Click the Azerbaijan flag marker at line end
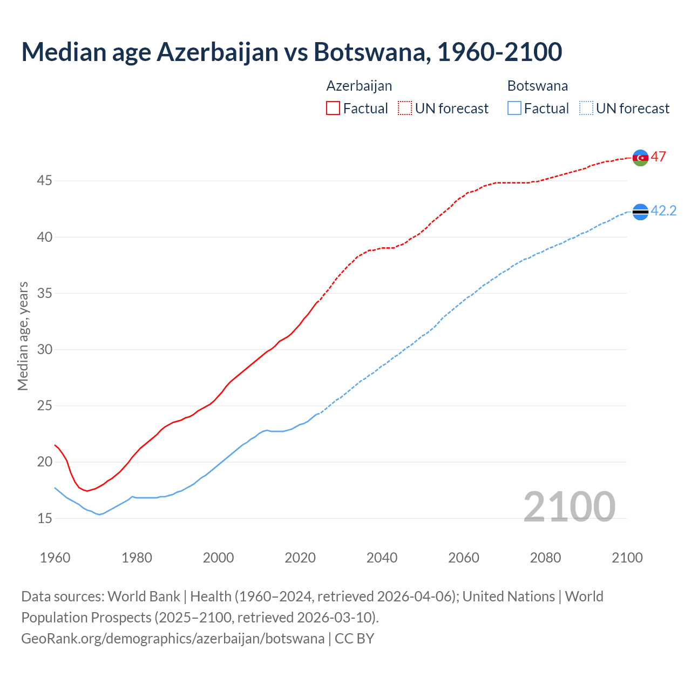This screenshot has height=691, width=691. coord(640,158)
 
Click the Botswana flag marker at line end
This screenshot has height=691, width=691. coord(640,212)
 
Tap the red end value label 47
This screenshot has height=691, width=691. coord(658,157)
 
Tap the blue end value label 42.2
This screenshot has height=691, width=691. coord(663,211)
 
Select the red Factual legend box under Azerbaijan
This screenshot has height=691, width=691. coord(333,109)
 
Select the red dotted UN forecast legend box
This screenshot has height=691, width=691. coord(405,109)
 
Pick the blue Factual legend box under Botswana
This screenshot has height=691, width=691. coord(514,109)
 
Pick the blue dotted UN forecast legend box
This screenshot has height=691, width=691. coord(586,109)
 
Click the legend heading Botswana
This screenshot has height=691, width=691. coord(537,86)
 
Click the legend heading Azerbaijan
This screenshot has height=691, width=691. coord(359,86)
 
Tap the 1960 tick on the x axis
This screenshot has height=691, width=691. coord(55,558)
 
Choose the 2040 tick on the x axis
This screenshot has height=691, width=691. coord(382,558)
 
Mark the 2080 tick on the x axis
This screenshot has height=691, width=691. coord(545,558)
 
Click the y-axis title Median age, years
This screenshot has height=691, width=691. coord(23,336)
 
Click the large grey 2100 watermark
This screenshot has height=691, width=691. coord(569,506)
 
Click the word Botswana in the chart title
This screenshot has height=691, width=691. coord(372,52)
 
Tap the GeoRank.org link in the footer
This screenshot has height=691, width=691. coord(173,639)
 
